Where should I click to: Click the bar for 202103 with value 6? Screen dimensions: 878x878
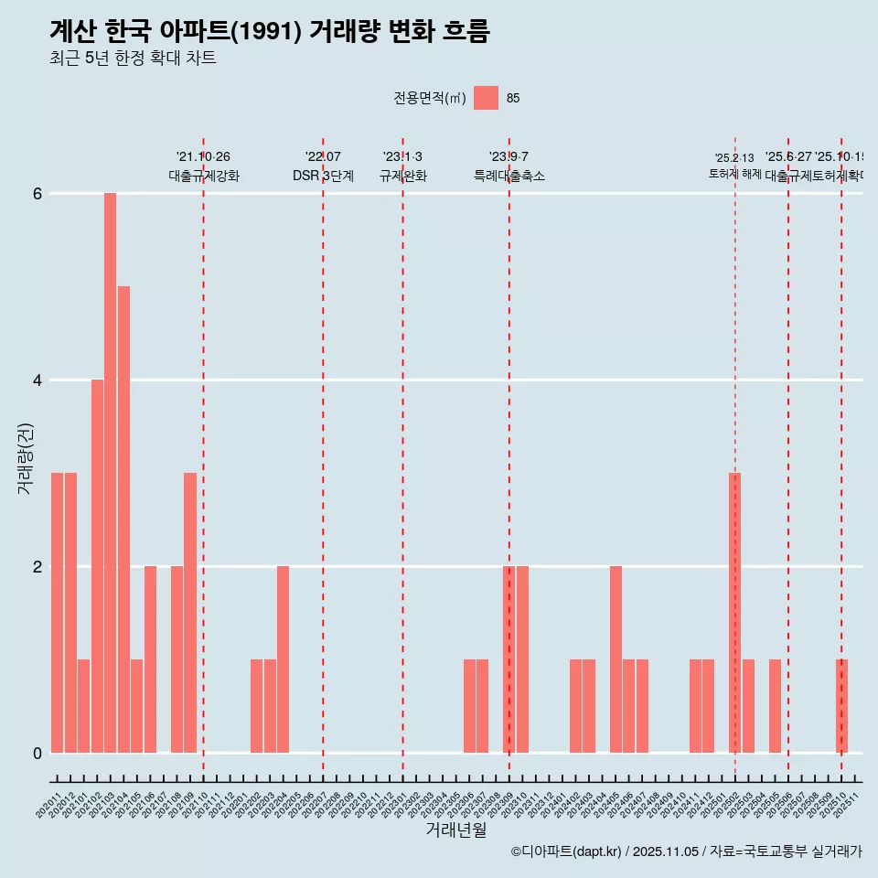click(x=110, y=473)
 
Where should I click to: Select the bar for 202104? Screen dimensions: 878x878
click(x=123, y=519)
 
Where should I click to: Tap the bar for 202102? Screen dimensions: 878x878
click(x=97, y=566)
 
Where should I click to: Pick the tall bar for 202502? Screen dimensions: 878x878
click(x=734, y=613)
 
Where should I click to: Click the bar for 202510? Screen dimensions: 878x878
click(x=841, y=706)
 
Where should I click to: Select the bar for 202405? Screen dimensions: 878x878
click(x=616, y=659)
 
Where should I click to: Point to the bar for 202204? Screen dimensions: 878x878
click(x=284, y=659)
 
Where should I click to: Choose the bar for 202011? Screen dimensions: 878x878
click(x=57, y=613)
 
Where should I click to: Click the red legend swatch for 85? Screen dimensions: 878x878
click(x=486, y=98)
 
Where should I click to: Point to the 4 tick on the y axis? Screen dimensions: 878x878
click(x=37, y=380)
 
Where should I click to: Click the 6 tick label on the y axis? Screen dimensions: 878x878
click(x=37, y=193)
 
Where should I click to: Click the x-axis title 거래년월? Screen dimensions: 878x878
click(x=455, y=830)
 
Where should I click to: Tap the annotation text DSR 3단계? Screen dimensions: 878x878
click(x=323, y=176)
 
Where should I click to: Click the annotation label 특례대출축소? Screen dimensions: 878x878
click(x=509, y=176)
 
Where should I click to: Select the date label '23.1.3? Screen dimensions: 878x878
click(x=402, y=157)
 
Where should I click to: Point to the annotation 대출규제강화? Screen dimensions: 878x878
click(x=203, y=176)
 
